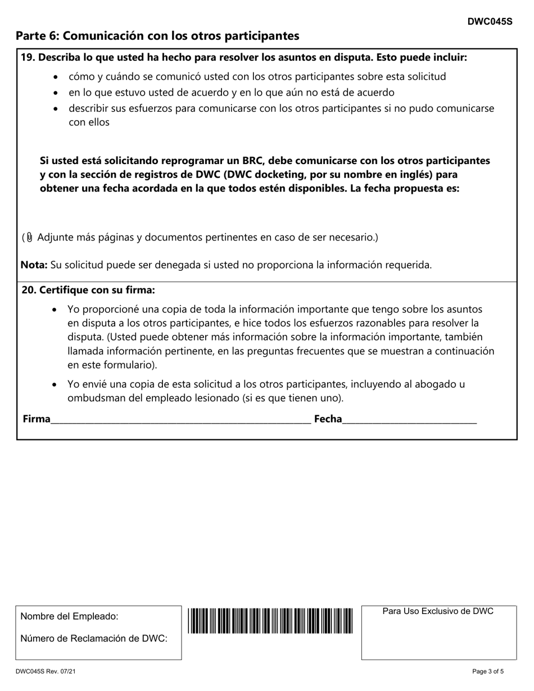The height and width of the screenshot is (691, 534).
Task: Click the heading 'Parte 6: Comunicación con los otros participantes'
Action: pos(157,36)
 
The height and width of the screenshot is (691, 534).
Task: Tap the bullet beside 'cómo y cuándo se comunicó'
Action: pos(55,77)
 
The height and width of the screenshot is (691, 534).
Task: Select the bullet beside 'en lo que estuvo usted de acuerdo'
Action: pos(55,93)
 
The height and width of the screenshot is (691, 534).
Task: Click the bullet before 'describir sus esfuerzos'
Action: pos(55,108)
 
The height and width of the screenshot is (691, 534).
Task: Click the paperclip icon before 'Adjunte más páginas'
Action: pos(30,238)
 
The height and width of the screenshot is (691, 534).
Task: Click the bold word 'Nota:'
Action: pos(34,265)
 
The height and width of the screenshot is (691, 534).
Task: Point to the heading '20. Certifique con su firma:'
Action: pos(88,290)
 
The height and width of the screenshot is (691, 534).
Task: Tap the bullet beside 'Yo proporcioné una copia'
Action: pos(54,310)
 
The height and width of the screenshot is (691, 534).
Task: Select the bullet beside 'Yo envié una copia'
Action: pos(54,385)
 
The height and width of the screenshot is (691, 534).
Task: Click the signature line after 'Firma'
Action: pos(180,420)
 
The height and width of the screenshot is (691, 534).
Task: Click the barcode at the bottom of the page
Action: pos(270,621)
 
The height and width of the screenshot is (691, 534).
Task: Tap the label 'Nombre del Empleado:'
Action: pos(69,616)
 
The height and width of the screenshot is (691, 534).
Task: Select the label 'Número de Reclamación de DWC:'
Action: pos(94,638)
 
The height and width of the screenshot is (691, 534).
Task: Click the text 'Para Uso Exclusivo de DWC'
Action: pos(438,611)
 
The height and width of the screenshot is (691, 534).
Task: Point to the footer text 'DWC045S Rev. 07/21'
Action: pos(45,671)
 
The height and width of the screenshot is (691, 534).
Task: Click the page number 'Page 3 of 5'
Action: pos(488,671)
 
